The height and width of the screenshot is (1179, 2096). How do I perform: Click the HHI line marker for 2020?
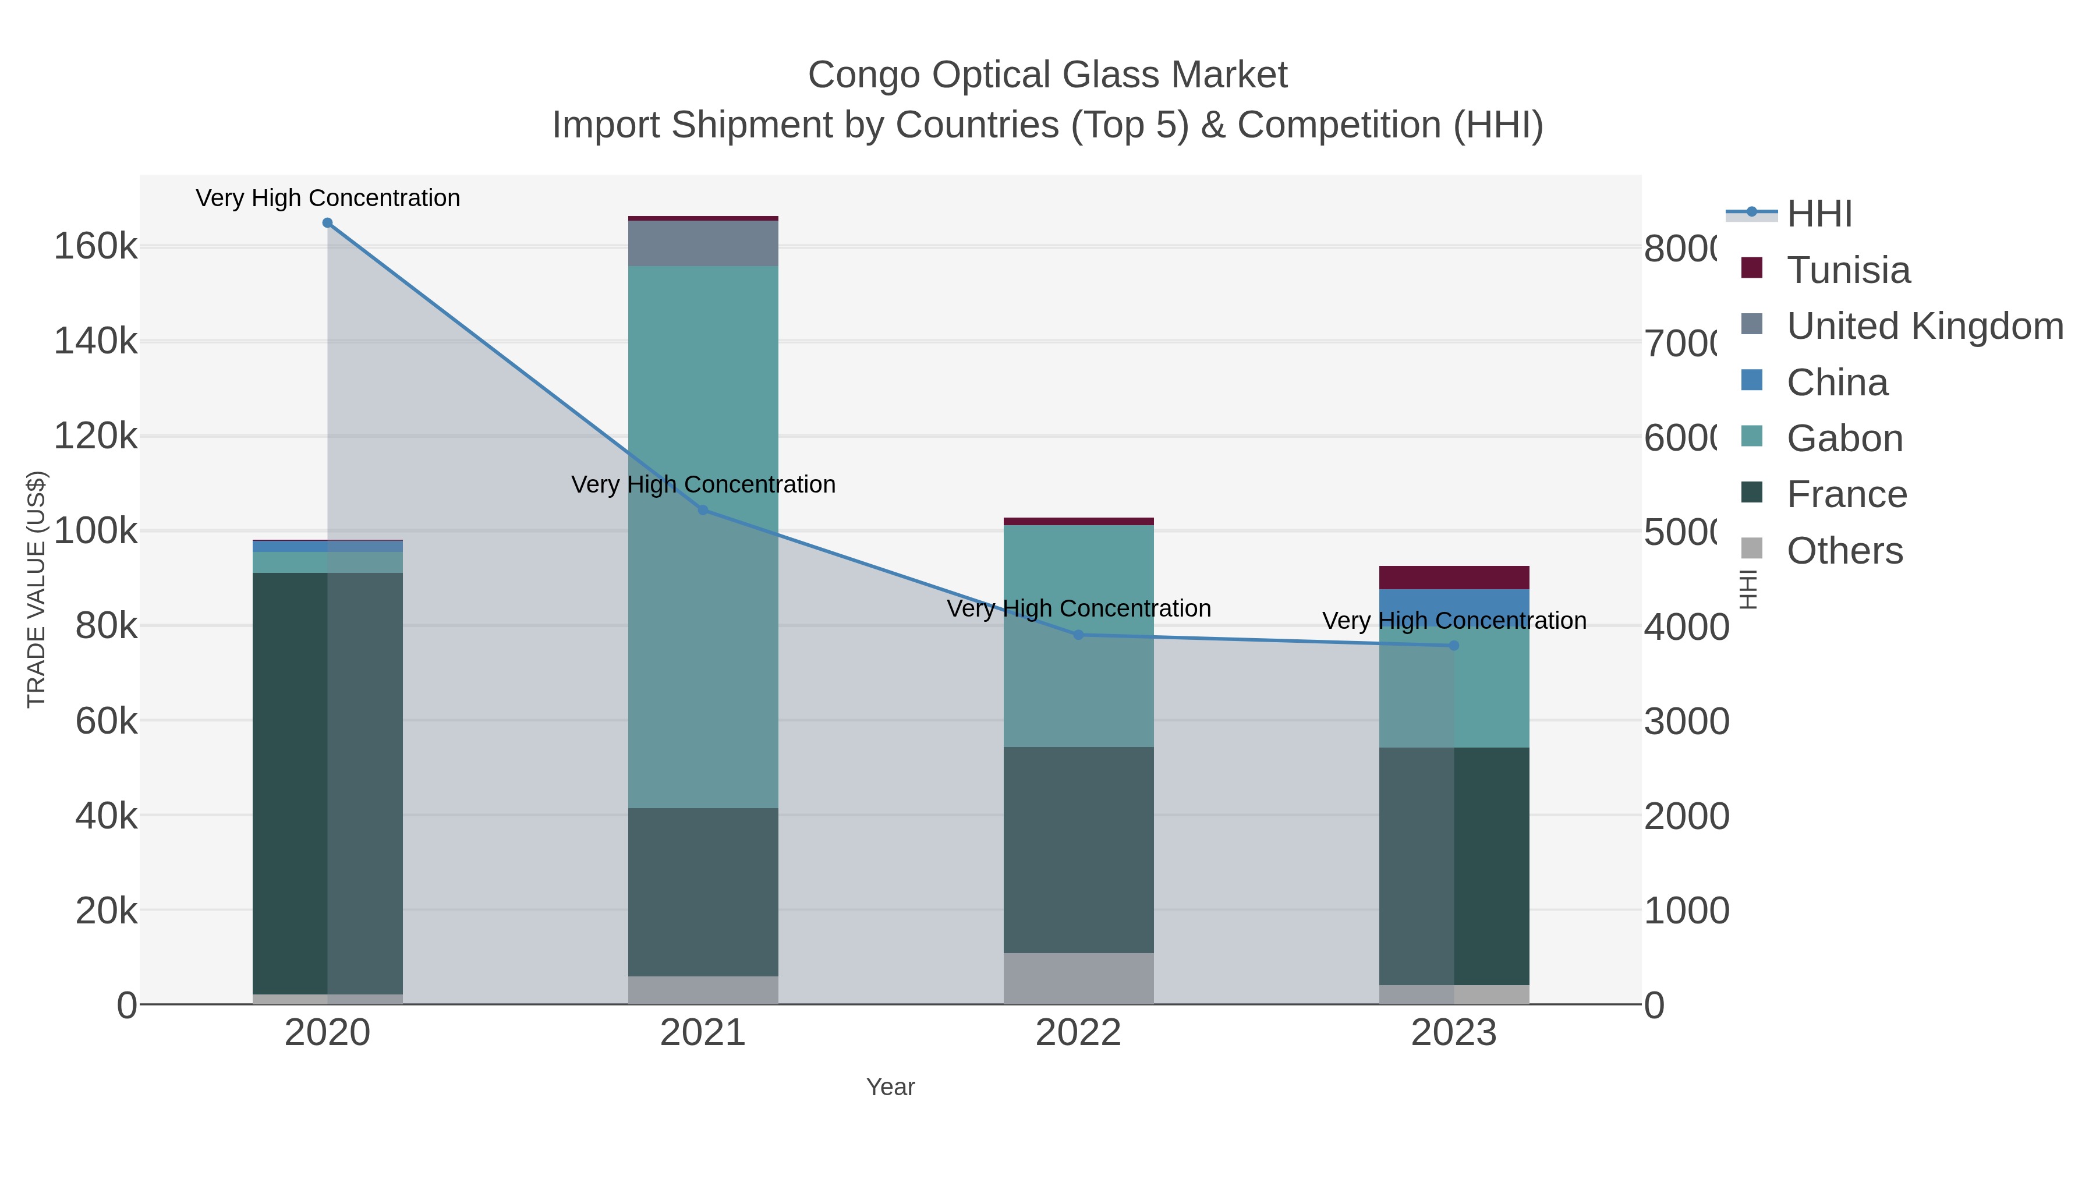click(327, 223)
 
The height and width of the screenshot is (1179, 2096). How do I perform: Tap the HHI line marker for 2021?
click(703, 510)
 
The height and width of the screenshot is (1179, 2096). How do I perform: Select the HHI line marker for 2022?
click(1078, 635)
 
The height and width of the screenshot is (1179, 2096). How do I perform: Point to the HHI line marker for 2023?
click(1454, 645)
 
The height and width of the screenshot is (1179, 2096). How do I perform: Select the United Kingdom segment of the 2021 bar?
click(703, 243)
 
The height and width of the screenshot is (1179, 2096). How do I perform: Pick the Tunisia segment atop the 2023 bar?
click(1454, 577)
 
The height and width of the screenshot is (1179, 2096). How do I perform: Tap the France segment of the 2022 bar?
click(1078, 849)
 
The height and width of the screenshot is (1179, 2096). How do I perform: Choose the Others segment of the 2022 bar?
click(1078, 978)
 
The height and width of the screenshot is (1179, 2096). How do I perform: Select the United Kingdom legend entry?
click(1924, 326)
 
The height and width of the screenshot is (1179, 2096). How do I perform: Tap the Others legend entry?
click(1844, 551)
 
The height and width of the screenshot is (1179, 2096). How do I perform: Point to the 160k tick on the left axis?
click(95, 246)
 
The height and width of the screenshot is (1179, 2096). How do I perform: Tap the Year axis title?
click(890, 1087)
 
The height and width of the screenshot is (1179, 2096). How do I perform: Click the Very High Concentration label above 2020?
click(328, 198)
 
